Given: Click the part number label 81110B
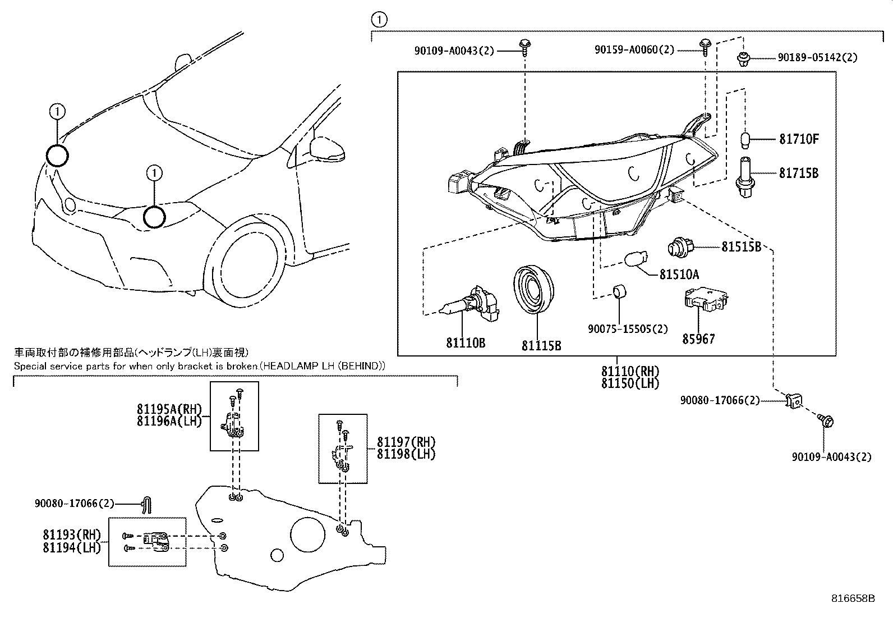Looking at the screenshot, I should (x=465, y=342).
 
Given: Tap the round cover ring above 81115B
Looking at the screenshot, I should (x=534, y=291).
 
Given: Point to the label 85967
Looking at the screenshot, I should (x=698, y=339).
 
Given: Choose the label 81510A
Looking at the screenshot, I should (x=679, y=275).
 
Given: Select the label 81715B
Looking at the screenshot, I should (x=798, y=173).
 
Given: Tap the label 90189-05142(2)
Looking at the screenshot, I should (x=817, y=57).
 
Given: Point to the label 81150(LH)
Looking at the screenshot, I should (x=630, y=383).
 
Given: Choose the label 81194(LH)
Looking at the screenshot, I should (x=71, y=547).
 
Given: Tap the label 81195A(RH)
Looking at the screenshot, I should (x=168, y=409).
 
